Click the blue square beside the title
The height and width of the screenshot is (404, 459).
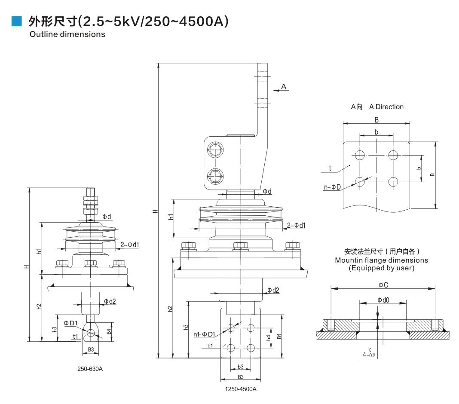16,21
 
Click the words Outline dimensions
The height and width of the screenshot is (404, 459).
67,34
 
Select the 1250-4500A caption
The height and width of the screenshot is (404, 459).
241,389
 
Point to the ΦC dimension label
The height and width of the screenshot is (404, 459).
383,285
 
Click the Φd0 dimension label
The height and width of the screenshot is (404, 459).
383,300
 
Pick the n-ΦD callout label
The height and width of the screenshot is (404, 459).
332,187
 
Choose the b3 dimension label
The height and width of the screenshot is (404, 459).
241,367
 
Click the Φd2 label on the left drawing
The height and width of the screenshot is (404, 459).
110,301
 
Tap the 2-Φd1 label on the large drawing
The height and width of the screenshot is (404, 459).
296,225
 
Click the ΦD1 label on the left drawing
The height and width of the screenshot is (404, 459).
70,323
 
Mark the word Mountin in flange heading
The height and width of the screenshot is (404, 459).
350,260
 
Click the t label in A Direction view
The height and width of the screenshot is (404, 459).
330,168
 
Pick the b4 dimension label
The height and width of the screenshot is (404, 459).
268,338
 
